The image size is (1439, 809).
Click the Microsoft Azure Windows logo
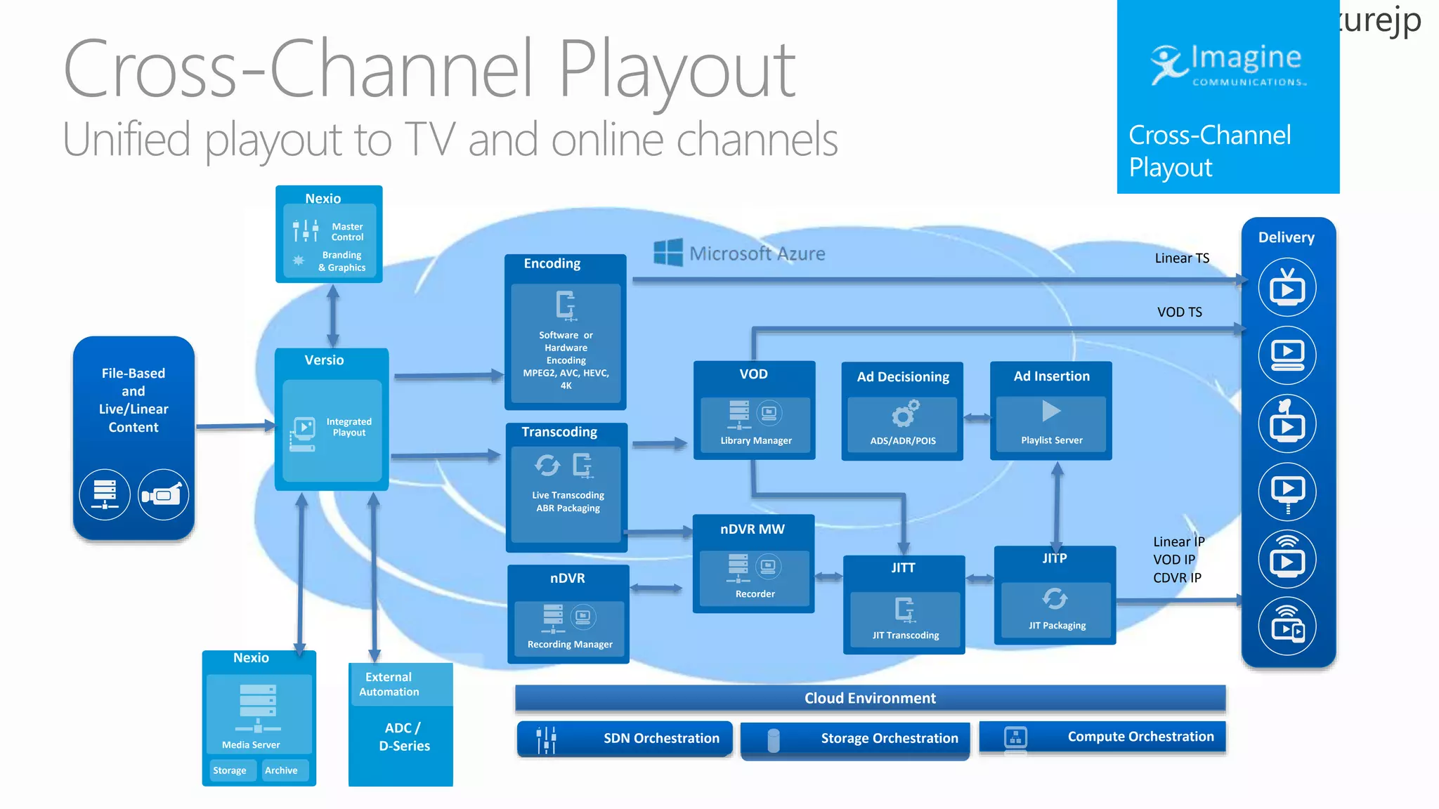[668, 252]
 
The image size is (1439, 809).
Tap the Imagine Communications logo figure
[1168, 65]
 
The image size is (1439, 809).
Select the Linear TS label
[1182, 258]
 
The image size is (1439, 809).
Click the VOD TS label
[1179, 312]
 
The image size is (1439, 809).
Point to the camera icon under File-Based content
[163, 495]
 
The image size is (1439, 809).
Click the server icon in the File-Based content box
[105, 495]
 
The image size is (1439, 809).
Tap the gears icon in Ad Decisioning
[905, 414]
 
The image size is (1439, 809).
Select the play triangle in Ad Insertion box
[1050, 411]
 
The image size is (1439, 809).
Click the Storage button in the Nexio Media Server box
[230, 770]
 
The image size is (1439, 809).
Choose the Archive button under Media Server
[281, 770]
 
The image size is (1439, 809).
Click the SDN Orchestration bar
[625, 738]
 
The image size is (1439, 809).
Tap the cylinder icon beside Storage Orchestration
[774, 740]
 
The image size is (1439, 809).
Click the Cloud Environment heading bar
[870, 698]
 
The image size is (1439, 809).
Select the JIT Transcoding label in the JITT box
[905, 636]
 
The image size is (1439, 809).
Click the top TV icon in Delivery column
[1287, 288]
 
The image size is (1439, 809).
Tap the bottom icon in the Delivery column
[1287, 626]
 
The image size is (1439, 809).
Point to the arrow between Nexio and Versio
[333, 315]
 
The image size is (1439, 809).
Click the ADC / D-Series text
[404, 737]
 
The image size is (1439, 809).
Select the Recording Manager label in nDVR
[569, 645]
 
